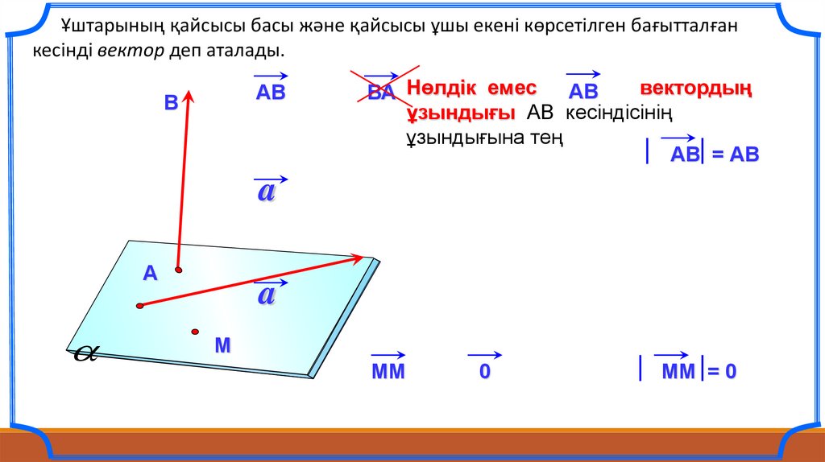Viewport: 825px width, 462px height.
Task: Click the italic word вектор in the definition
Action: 131,51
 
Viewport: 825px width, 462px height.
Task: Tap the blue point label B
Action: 171,102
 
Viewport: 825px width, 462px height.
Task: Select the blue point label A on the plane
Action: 150,274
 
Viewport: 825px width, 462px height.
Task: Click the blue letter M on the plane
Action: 222,345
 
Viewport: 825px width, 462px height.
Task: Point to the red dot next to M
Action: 195,332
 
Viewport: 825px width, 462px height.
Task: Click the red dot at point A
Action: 178,270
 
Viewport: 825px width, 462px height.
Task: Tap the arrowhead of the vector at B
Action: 189,96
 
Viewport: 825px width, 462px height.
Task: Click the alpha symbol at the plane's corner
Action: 85,353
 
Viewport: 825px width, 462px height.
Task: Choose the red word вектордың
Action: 695,89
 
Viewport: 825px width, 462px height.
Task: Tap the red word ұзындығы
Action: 461,113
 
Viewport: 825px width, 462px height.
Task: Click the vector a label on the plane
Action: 269,291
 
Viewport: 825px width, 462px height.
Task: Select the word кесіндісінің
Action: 619,113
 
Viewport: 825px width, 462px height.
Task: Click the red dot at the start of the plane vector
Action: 139,306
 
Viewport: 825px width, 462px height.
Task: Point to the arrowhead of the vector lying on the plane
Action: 358,258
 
